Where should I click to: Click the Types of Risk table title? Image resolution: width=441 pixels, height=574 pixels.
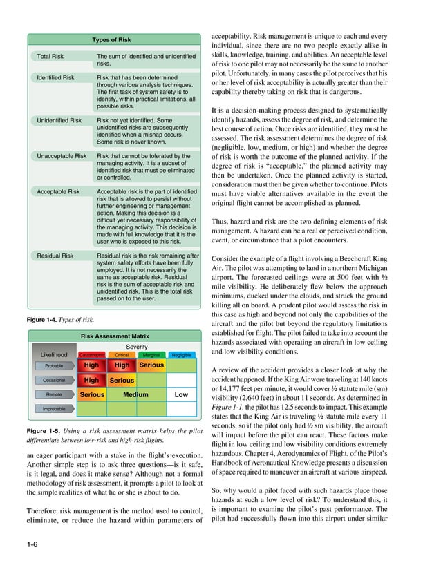(x=111, y=40)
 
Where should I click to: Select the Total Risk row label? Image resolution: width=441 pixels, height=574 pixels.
(x=52, y=56)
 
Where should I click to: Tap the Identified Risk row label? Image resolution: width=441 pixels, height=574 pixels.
(x=55, y=78)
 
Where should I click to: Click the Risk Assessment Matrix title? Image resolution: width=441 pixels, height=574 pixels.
(x=115, y=336)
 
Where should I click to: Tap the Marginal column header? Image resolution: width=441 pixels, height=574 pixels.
(x=151, y=355)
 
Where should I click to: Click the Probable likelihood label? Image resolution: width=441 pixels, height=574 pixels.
(x=55, y=365)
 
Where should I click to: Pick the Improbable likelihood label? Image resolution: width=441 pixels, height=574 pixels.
(x=55, y=409)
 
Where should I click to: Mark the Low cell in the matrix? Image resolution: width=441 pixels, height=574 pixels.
(x=181, y=395)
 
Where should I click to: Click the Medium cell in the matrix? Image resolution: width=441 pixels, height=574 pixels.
(x=136, y=395)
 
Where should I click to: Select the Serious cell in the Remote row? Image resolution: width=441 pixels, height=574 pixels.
(x=92, y=395)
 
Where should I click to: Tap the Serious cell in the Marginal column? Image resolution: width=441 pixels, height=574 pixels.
(x=151, y=365)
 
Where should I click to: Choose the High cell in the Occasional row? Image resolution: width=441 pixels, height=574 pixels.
(x=91, y=380)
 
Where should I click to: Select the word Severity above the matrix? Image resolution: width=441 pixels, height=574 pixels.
(x=137, y=346)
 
